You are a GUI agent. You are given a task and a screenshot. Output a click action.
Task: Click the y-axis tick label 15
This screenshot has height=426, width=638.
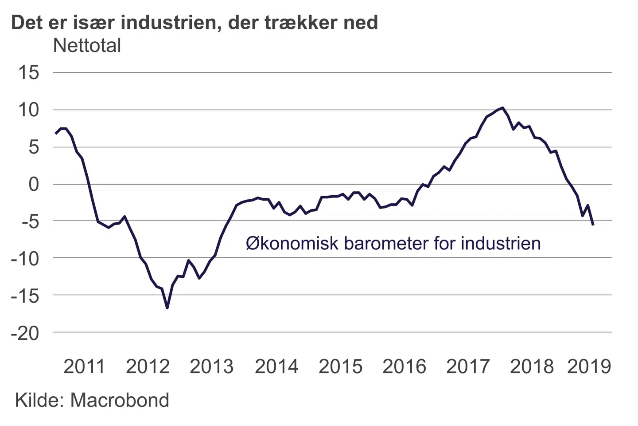point(28,72)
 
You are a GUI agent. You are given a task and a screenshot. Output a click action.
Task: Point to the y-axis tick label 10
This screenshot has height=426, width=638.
point(28,110)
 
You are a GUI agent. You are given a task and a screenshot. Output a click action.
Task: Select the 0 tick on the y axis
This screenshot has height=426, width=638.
point(34,184)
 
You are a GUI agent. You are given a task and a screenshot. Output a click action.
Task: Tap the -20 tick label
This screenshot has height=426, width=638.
point(25,333)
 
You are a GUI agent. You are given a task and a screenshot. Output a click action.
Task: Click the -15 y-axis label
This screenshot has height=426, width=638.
point(25,295)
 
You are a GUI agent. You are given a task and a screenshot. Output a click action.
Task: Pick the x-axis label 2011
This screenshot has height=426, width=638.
point(84,367)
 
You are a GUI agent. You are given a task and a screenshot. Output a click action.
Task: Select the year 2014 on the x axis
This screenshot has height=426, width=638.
point(276,367)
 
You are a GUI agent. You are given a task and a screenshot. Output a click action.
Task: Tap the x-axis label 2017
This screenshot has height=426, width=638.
point(468,367)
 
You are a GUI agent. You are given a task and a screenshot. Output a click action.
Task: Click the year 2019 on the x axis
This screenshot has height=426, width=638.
point(589,367)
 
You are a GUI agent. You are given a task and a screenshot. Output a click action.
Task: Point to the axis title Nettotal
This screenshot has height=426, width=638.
point(87,45)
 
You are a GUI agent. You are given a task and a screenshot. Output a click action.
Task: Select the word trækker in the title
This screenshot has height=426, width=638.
point(300,22)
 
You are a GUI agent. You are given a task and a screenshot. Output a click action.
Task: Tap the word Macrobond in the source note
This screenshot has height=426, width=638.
point(120,400)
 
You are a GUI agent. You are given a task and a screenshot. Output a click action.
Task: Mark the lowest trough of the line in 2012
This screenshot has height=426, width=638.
point(167,308)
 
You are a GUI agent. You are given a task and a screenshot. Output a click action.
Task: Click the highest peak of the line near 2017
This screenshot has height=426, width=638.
point(502,108)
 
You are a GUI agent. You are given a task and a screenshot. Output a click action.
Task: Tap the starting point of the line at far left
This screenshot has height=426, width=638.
point(55,133)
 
